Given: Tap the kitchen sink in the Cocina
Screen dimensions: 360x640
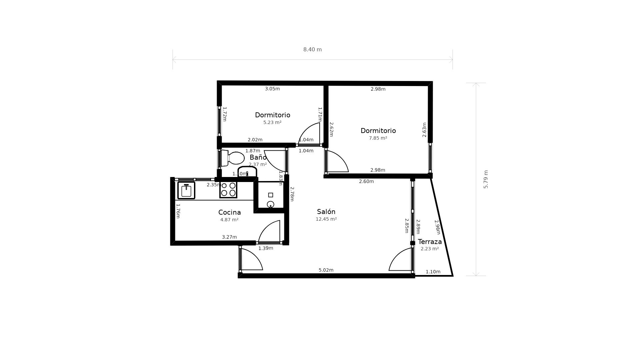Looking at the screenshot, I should point(186,190).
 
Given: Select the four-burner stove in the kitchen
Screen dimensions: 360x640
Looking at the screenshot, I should point(228,189).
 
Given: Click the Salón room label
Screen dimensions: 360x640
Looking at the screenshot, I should point(326,212).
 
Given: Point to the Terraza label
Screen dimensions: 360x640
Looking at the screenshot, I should point(430,242).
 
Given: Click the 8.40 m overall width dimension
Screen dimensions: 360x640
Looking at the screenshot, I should point(312,50).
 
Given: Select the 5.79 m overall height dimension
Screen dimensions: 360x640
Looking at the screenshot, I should point(486,179).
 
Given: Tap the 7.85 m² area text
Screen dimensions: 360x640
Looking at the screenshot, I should point(378,138).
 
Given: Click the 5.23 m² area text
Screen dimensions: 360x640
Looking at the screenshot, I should point(272,122).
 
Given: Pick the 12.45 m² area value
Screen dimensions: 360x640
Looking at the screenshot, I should point(326,219).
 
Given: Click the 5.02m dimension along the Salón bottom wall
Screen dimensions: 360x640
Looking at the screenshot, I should point(326,270).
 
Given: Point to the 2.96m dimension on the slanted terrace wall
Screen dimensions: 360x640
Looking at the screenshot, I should point(437,227).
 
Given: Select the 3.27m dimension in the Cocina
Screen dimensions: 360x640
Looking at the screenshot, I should point(229,237).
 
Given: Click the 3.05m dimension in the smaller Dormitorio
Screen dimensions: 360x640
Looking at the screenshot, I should point(272,89).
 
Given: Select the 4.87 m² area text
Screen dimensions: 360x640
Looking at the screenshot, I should point(229,220).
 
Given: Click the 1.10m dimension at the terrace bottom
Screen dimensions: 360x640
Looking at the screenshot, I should point(433,272).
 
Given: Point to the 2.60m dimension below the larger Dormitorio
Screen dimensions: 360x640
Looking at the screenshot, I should point(366,181).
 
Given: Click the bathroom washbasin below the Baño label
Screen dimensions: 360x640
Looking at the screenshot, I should point(247,171).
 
